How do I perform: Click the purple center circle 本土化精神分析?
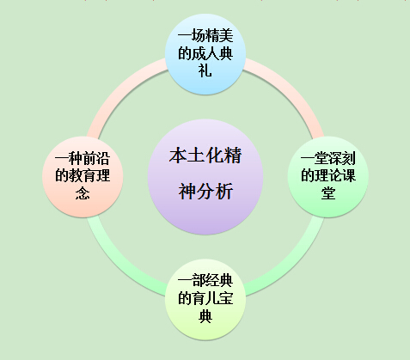[205, 177]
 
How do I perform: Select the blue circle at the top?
[205, 54]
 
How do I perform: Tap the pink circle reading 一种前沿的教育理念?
[83, 177]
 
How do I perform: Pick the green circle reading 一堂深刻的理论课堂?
[328, 177]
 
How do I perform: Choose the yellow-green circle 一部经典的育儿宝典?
[205, 300]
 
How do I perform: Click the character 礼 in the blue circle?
[205, 70]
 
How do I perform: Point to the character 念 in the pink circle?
[83, 193]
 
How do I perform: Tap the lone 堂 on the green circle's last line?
[328, 193]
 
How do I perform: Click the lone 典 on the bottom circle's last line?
[205, 316]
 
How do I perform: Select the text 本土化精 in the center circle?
[205, 156]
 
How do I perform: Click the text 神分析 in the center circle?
[205, 192]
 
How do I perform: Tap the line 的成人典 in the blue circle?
[205, 53]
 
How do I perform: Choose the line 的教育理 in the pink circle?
[83, 175]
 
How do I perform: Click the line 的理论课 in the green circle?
[328, 175]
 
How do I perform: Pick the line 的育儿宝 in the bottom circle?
[205, 298]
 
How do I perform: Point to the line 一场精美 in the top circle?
[205, 36]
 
